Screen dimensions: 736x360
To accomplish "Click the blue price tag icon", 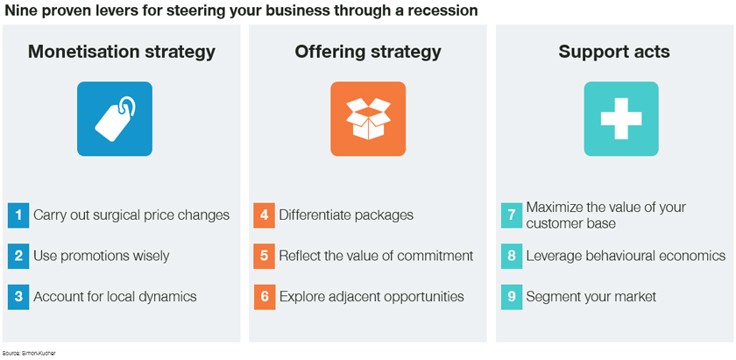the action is [x=115, y=119].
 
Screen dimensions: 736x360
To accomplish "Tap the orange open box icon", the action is [x=368, y=119].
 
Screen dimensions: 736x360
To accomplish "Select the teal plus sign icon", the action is [x=621, y=119].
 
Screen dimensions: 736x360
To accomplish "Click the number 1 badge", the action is [x=18, y=215].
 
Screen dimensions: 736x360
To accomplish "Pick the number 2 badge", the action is [x=18, y=257].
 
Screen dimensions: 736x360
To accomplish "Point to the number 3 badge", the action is [x=18, y=297].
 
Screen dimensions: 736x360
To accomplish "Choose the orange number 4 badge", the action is [x=265, y=215].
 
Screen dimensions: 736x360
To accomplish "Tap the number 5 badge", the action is [x=265, y=257].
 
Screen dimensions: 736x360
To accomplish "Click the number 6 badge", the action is [x=265, y=297].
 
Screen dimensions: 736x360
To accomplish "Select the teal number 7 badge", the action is [x=512, y=215].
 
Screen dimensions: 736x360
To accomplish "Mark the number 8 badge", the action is [x=512, y=257].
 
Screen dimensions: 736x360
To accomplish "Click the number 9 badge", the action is [x=512, y=297].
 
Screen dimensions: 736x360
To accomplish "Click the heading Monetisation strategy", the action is [x=122, y=53].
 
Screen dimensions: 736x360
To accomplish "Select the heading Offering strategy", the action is [x=368, y=53].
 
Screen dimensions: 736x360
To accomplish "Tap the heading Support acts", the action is [x=614, y=53].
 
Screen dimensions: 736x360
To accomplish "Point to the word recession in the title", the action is [x=442, y=11].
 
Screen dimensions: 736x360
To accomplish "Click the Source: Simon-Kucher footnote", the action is [x=29, y=353].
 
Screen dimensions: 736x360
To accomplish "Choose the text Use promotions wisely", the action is [x=101, y=256].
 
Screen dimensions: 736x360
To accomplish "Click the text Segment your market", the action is [x=591, y=297].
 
